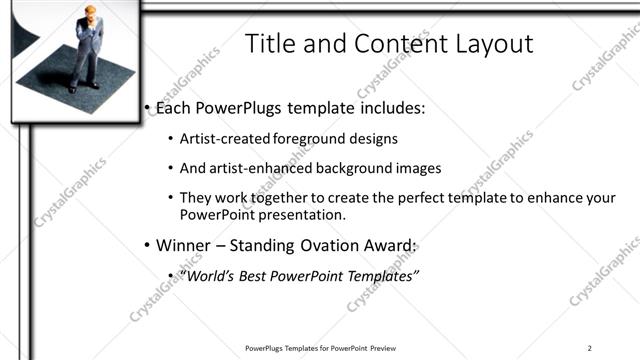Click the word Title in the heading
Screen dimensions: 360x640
click(268, 44)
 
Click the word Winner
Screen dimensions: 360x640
click(186, 245)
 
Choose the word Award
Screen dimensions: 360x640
click(390, 245)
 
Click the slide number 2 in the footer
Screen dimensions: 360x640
click(590, 348)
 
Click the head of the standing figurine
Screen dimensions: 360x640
click(89, 13)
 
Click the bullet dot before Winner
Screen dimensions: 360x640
click(146, 246)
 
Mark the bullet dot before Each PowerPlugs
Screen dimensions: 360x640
click(146, 106)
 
